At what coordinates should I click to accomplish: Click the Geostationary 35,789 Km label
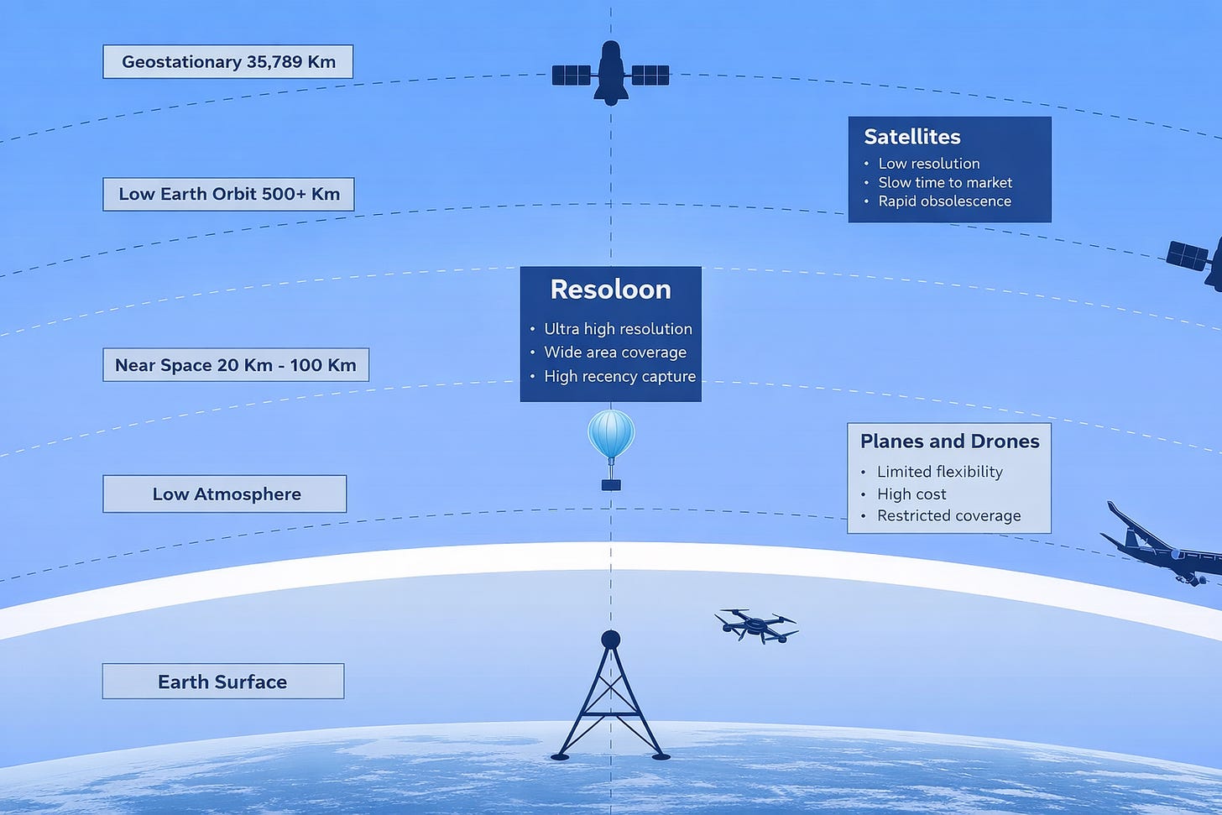click(228, 62)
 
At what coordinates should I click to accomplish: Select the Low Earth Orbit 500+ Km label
click(229, 194)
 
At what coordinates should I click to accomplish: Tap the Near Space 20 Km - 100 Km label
click(236, 365)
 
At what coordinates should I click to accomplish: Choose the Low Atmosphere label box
click(225, 494)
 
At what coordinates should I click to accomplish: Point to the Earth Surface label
click(222, 682)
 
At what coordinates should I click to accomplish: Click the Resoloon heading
click(610, 290)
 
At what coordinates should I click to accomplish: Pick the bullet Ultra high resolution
click(618, 329)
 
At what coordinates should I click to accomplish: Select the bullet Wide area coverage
click(615, 353)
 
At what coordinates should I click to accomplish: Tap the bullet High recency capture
click(619, 376)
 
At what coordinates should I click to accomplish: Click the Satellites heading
click(912, 137)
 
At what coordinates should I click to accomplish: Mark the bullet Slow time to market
click(945, 182)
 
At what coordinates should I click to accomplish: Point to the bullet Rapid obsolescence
click(944, 201)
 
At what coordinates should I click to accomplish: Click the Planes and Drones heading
click(949, 441)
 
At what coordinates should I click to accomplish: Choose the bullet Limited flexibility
click(939, 472)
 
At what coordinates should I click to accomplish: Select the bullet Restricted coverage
click(948, 515)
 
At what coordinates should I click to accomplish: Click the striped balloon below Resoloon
click(611, 435)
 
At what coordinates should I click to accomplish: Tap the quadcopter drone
click(756, 624)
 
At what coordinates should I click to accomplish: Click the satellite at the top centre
click(611, 75)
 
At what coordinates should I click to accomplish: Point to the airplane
click(1162, 547)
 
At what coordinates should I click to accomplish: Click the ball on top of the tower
click(611, 640)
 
